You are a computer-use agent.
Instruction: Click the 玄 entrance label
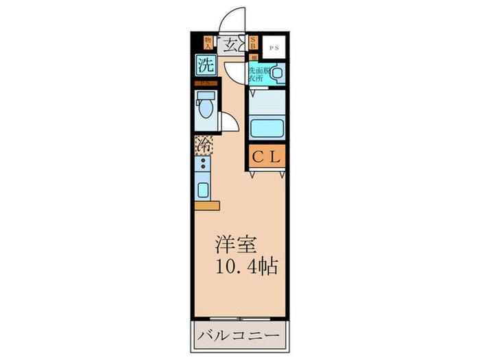(232, 45)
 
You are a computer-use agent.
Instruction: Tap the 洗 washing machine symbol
(204, 67)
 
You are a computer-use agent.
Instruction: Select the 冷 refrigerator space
(204, 145)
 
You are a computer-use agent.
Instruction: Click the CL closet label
(267, 157)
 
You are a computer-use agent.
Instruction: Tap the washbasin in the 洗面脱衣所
(277, 73)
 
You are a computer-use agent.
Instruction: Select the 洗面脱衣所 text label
(258, 73)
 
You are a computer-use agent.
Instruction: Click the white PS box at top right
(274, 47)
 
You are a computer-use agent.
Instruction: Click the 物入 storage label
(208, 43)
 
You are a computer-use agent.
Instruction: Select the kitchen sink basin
(204, 189)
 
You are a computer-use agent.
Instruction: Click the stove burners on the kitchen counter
(204, 165)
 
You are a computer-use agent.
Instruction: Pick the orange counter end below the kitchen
(206, 205)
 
